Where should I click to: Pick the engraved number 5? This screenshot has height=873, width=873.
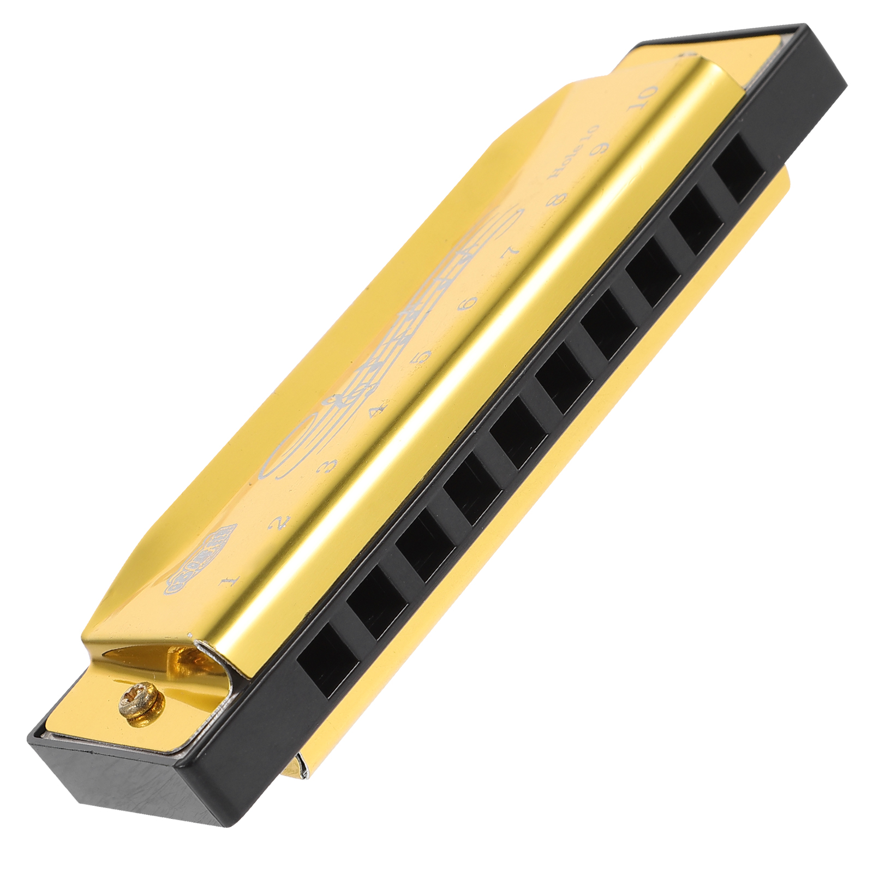click(421, 357)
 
